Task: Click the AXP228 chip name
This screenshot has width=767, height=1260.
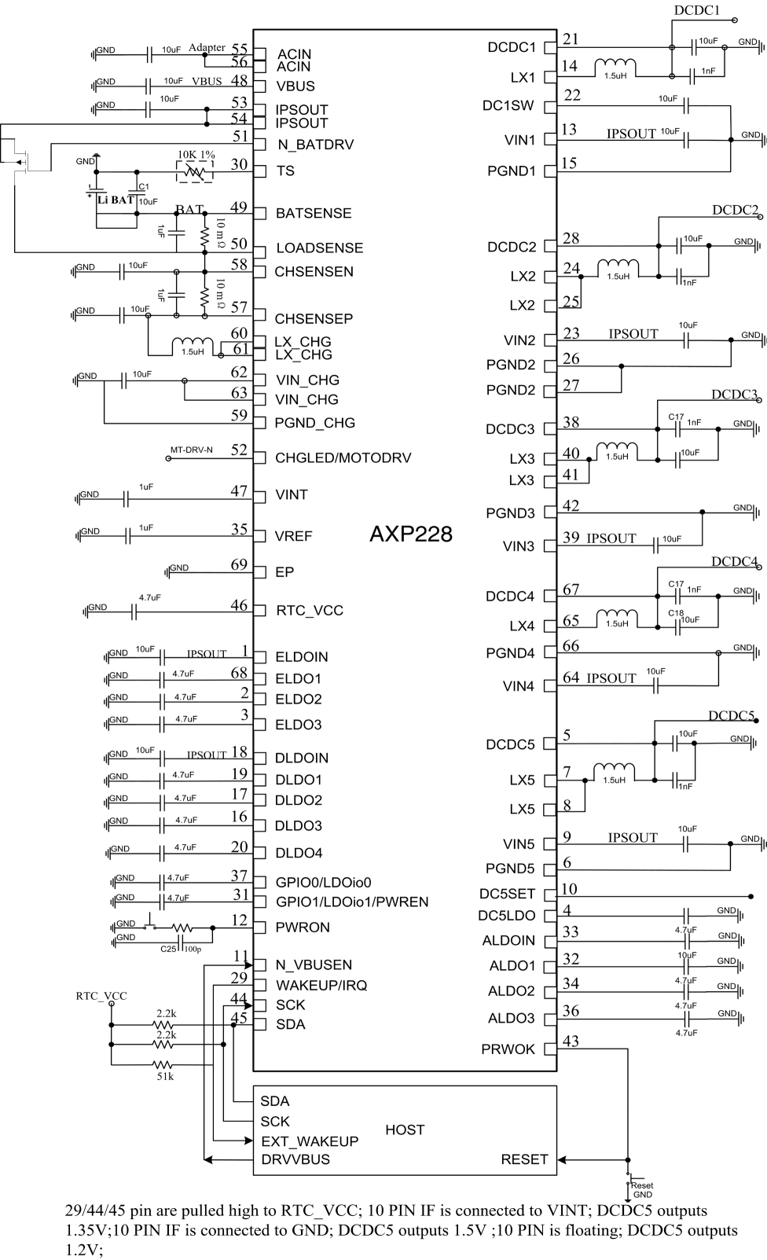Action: [411, 534]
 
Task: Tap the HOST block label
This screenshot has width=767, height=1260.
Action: [405, 1130]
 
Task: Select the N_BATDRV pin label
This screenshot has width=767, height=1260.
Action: [315, 145]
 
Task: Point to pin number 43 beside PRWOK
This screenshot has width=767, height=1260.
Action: [571, 1041]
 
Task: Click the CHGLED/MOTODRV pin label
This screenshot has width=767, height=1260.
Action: [343, 458]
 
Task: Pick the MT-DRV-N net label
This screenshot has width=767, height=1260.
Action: [192, 450]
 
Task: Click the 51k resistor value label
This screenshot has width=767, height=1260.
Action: [165, 1076]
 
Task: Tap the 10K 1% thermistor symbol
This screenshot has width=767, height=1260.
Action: [195, 171]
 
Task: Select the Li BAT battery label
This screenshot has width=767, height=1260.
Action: [116, 200]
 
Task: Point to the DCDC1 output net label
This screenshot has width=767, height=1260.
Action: [696, 10]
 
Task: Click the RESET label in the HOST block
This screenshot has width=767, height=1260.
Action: [524, 1159]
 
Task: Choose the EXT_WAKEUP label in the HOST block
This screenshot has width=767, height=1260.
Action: [310, 1141]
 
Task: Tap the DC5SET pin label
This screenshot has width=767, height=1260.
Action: [507, 894]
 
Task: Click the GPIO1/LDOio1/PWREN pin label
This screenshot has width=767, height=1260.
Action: [352, 902]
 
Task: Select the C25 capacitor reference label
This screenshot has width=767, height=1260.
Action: [168, 949]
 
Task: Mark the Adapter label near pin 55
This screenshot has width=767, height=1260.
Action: [207, 47]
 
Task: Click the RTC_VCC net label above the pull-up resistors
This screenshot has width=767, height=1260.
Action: [101, 996]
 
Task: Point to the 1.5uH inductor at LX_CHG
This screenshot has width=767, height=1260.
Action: [193, 344]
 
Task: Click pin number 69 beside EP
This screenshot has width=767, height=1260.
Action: [239, 564]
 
